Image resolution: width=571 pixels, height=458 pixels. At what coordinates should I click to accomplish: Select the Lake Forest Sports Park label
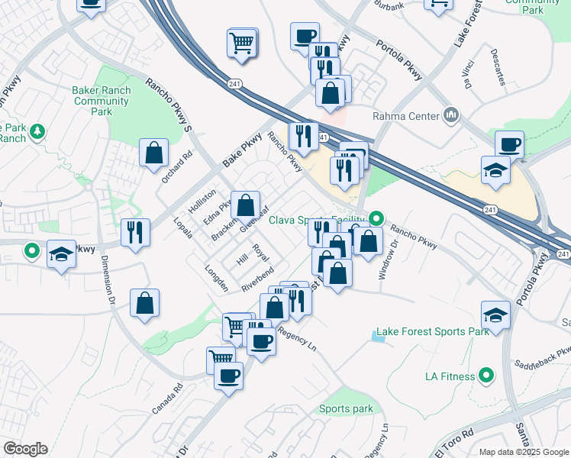[432, 332]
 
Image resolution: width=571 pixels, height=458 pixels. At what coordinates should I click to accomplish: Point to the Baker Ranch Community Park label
[102, 101]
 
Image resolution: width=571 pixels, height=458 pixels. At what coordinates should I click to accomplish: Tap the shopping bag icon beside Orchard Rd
[153, 152]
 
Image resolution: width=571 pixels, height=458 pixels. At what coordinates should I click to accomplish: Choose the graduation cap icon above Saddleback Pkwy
[495, 314]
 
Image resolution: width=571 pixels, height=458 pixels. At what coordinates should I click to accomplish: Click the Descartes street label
[499, 67]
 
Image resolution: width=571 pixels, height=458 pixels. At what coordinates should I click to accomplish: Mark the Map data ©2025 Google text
[524, 452]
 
